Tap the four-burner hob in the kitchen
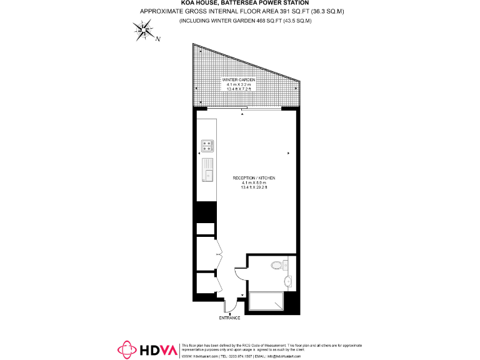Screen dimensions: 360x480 point(207,146)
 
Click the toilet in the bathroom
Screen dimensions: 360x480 point(277,266)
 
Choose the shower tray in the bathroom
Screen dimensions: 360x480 point(266,302)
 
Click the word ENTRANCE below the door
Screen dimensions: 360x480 point(229,318)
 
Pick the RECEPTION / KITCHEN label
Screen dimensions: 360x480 point(254,178)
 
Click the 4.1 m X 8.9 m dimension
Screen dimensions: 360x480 point(254,182)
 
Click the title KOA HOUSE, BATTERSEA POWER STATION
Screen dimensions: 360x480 point(239,3)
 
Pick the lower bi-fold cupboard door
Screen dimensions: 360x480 point(218,286)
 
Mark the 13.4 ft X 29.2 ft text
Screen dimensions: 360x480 point(254,187)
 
